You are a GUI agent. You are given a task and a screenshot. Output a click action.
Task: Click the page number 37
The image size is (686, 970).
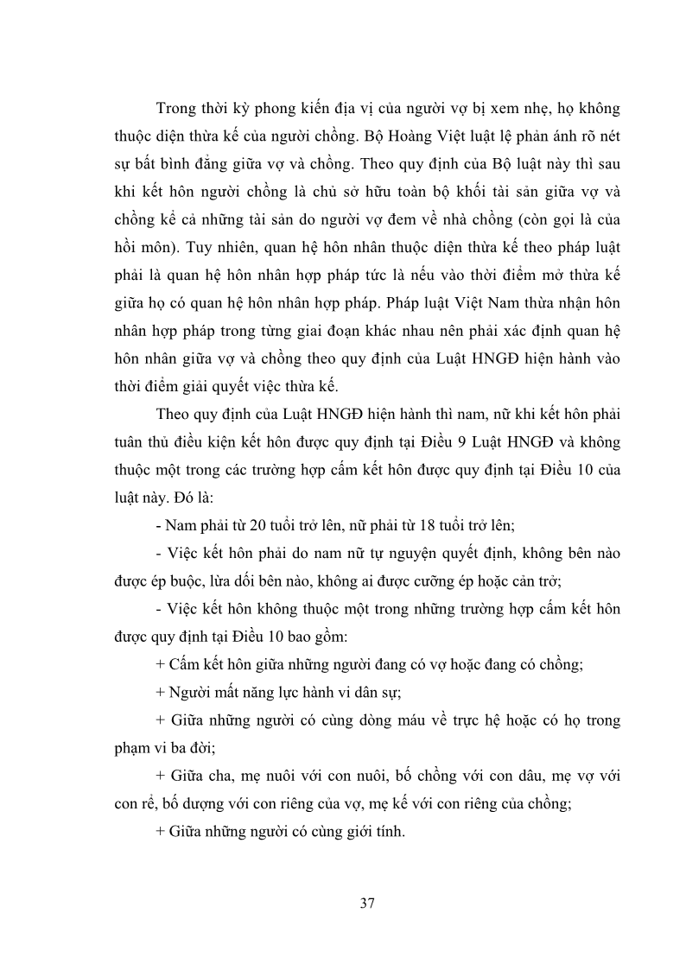point(366,904)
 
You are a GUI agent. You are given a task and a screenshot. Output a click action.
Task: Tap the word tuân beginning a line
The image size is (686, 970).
point(129,443)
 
